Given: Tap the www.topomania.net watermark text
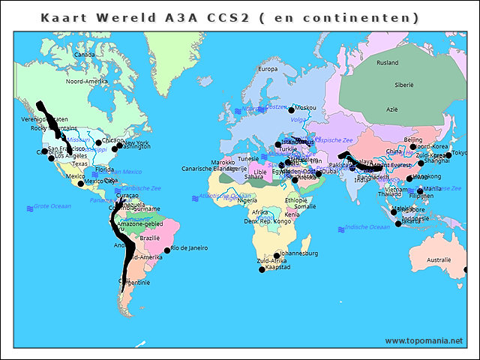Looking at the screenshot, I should coord(424,340).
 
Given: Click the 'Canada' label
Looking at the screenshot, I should coord(85,54).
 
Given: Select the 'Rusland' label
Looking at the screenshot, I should coord(388,63).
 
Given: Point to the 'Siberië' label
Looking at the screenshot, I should coord(404,85).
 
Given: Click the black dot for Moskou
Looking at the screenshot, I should coord(292,110).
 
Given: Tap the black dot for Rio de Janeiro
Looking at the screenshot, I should coord(167,250).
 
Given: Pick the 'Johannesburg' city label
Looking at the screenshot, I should coord(298,253).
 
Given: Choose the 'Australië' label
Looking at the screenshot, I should coord(439,260).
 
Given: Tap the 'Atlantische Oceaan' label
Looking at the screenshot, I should coord(223,196).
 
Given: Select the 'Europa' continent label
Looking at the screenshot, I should coord(268,69).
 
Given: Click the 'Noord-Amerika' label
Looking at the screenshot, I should coord(87,81).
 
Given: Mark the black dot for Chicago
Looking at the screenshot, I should coord(98,142).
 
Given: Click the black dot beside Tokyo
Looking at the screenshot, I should coord(448,155).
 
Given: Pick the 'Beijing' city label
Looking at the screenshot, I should coord(413,139).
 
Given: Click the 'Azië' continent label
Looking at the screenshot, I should coord(391,109).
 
